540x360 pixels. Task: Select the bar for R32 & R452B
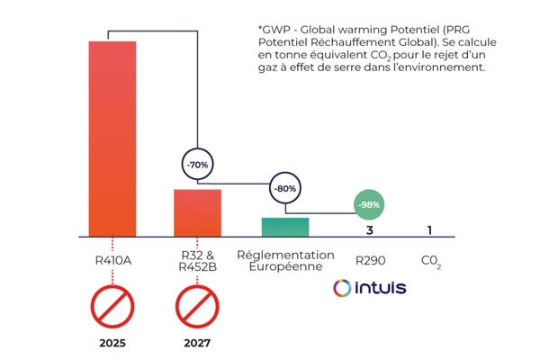(x=197, y=213)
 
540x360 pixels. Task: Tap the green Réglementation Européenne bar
(x=284, y=228)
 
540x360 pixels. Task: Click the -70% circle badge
(x=197, y=166)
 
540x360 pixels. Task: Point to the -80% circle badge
(x=284, y=190)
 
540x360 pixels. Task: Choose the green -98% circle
(x=369, y=205)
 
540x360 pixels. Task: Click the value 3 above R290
(x=369, y=230)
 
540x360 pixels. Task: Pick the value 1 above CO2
(x=429, y=230)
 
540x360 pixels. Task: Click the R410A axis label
(x=112, y=261)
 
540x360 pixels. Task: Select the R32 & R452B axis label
(x=197, y=261)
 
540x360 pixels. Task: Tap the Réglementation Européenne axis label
(x=285, y=261)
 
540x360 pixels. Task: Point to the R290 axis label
(x=370, y=261)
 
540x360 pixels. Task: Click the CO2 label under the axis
(x=430, y=262)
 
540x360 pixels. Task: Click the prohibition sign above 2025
(x=112, y=307)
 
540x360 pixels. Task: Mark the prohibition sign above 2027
(x=197, y=307)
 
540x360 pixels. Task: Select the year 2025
(x=112, y=343)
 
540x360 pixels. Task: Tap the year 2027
(x=197, y=343)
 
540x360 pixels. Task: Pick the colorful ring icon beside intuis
(x=341, y=288)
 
